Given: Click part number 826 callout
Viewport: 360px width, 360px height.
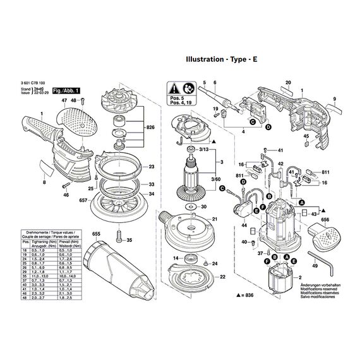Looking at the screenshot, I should click(x=150, y=127).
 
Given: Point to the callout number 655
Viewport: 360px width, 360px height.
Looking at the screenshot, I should click(x=97, y=234).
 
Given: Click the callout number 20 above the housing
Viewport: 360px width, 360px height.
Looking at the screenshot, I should click(x=287, y=83).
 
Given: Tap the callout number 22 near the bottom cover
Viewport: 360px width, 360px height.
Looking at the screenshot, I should click(x=222, y=277).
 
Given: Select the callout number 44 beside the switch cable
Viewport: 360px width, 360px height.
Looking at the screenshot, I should click(x=243, y=225).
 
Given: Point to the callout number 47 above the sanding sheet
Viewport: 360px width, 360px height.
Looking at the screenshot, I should click(x=64, y=101).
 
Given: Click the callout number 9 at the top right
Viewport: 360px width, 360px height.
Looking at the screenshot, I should click(x=335, y=99).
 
